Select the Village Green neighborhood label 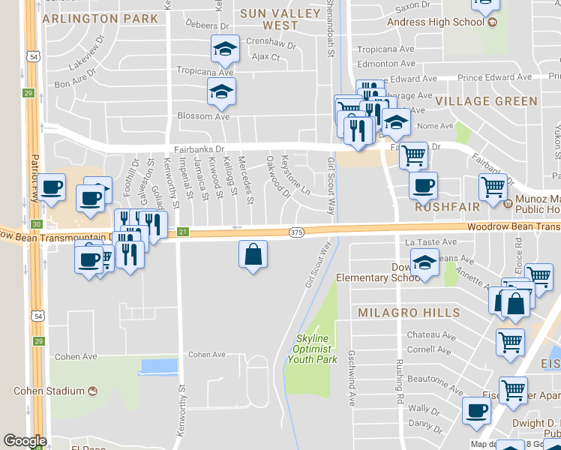(487, 100)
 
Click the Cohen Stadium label (49, 391)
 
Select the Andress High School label (436, 22)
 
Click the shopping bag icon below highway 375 (253, 254)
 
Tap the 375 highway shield (296, 233)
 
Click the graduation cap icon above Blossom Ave (221, 92)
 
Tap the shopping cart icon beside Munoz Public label (493, 187)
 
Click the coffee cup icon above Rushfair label (423, 184)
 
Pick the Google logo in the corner (25, 441)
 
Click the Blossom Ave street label (203, 116)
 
